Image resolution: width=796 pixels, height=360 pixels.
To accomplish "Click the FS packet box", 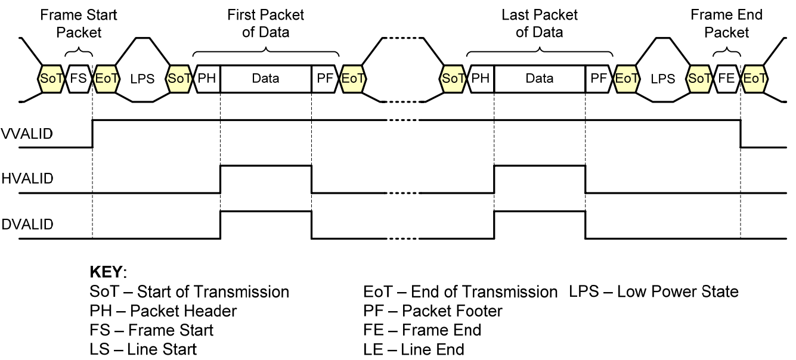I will click(78, 79).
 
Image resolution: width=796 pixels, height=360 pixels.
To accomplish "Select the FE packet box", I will click(726, 79).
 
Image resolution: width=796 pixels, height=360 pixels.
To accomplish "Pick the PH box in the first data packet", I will click(207, 79).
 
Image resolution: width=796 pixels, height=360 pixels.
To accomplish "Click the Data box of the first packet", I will click(265, 79).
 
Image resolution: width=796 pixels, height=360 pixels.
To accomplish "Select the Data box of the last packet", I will click(540, 79).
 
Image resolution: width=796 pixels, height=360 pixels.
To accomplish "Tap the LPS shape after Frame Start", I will click(142, 79).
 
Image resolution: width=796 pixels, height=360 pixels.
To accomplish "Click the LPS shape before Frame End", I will click(662, 79).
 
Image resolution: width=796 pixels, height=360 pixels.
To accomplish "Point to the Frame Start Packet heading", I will click(79, 23).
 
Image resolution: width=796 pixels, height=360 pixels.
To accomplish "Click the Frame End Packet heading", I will click(726, 23).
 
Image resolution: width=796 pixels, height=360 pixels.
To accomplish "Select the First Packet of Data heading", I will click(265, 23).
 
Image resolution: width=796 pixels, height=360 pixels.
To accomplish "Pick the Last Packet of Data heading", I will click(539, 23).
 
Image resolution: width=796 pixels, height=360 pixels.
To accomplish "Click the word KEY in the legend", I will click(106, 273).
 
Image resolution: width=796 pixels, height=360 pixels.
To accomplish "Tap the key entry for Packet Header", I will click(163, 311).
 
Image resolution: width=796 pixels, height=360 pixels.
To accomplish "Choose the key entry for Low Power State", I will click(654, 292).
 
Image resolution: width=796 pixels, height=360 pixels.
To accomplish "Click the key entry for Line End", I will click(414, 349).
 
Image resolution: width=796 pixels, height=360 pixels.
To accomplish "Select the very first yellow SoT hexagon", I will click(51, 79).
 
